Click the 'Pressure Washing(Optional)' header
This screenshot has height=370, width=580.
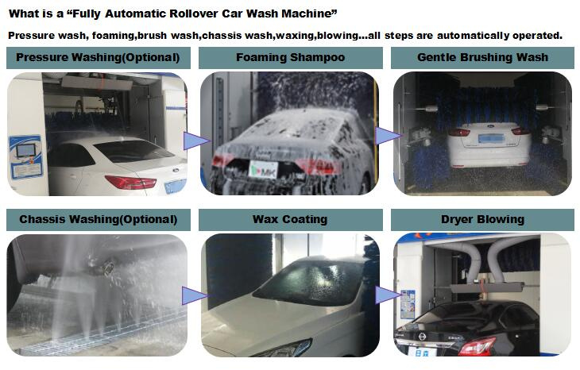98,58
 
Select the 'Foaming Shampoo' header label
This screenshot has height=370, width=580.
290,58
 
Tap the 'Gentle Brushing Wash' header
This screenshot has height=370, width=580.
482,58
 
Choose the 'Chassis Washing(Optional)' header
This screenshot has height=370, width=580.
98,220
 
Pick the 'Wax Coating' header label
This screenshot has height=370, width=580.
290,220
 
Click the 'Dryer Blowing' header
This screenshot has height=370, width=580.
482,220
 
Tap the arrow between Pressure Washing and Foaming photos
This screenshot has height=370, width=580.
196,141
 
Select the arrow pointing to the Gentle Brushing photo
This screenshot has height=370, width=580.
389,136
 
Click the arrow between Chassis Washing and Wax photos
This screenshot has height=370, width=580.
195,295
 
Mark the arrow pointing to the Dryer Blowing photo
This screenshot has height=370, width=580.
389,295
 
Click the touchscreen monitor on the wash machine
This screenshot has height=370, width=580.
25,150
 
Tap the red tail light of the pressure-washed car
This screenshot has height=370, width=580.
130,183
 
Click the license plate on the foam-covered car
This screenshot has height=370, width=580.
263,169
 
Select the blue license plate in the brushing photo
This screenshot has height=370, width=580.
491,139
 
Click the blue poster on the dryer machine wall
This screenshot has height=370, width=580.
408,305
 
